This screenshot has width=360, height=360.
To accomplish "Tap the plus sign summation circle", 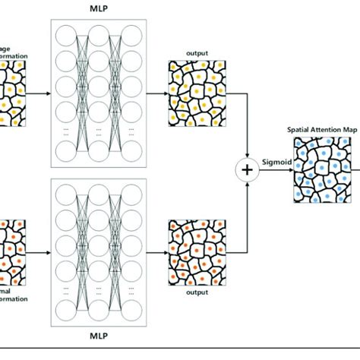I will [247, 171].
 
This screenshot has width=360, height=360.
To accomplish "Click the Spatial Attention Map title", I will [318, 129].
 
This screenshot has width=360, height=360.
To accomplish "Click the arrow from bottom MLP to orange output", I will [156, 249].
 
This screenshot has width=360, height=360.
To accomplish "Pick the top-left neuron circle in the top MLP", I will [65, 34].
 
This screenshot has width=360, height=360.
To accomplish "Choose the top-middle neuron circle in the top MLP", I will [98, 34].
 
